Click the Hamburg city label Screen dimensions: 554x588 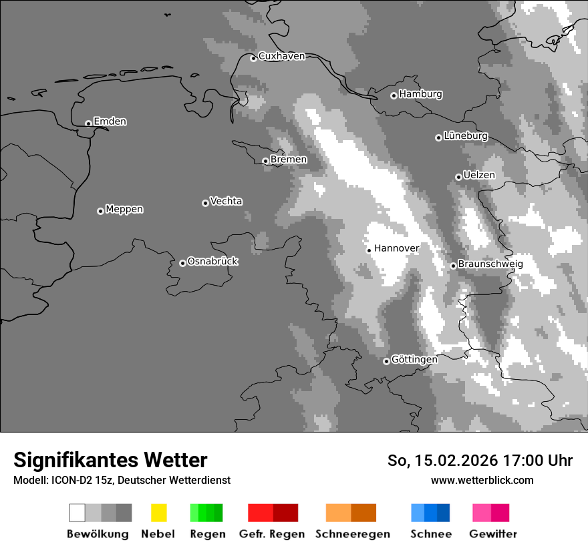click(x=420, y=94)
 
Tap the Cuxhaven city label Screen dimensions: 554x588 click(x=281, y=56)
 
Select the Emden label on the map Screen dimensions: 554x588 click(x=110, y=121)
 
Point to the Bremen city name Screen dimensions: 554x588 click(x=289, y=160)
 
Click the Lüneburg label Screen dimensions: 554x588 click(x=465, y=135)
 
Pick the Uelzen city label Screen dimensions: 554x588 click(x=478, y=175)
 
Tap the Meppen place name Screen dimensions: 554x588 click(x=124, y=209)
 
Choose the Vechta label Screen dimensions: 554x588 click(x=226, y=201)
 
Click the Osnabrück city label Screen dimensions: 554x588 click(x=212, y=261)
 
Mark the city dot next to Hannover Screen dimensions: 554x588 click(x=369, y=250)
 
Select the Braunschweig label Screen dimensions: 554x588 click(x=490, y=264)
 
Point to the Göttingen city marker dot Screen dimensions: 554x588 click(x=386, y=361)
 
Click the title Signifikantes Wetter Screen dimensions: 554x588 click(x=110, y=460)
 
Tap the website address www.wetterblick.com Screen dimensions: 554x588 click(x=482, y=480)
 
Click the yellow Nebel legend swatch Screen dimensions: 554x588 click(x=158, y=513)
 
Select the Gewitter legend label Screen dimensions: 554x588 click(x=493, y=534)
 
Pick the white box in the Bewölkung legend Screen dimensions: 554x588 click(x=78, y=513)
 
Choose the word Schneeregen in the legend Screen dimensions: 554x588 click(x=352, y=534)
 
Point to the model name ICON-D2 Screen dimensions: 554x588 click(x=69, y=480)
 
